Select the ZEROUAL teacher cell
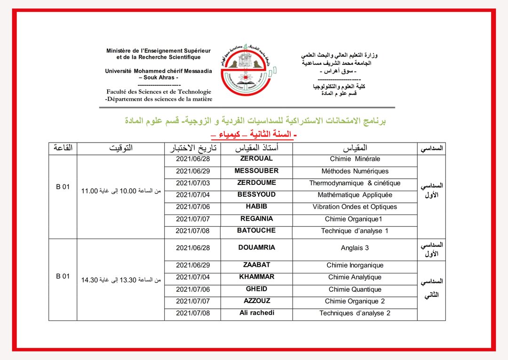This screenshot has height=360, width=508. point(256,159)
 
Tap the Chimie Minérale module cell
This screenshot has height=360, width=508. point(355,160)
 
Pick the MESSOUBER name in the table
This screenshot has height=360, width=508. point(256,171)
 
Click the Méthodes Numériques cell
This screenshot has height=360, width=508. point(355,171)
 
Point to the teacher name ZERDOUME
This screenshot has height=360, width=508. point(256,183)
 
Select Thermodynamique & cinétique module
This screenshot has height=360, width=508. point(355,183)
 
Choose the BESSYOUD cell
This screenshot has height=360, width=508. point(256,194)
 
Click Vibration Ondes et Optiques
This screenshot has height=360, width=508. point(355,207)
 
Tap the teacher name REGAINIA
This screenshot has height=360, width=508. point(256,219)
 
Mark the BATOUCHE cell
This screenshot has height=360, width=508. point(256,231)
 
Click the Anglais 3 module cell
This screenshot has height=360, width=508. point(355,248)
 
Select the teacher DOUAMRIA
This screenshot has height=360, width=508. point(256,248)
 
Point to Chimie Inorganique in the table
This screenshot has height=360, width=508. point(355,265)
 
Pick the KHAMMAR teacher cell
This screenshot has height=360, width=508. point(256,277)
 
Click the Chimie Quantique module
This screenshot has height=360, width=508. point(355,289)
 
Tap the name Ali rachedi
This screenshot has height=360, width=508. point(256,313)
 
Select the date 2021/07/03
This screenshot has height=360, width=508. point(193,183)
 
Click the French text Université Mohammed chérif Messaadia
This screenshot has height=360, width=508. point(159,71)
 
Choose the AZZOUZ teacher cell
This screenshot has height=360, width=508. point(256,301)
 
